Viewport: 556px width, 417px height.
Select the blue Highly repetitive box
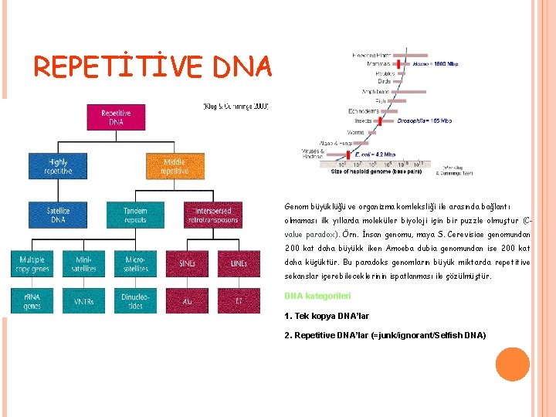point(58,167)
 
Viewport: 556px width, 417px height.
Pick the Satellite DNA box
point(58,215)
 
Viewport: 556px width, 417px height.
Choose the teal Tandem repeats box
point(135,215)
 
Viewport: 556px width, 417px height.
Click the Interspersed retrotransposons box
point(212,215)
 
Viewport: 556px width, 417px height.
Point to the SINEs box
point(186,263)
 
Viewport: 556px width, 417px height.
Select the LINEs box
point(239,263)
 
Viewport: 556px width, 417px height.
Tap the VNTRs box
point(83,301)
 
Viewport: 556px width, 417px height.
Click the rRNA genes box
point(32,301)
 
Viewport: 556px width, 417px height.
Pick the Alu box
point(186,301)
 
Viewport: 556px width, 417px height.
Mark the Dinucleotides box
point(135,301)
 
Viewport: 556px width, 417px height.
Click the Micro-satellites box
point(135,263)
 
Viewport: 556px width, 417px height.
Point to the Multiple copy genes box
point(32,263)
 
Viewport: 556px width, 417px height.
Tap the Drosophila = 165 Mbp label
point(425,121)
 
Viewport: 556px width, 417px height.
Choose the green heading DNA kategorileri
point(317,296)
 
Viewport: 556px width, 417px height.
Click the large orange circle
point(511,364)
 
